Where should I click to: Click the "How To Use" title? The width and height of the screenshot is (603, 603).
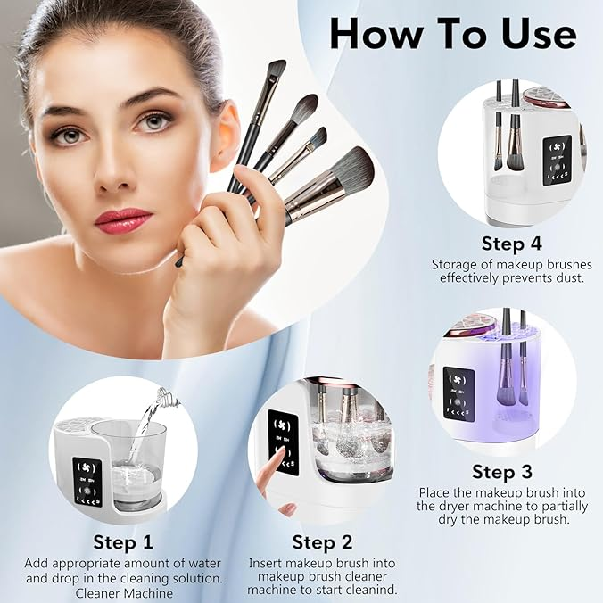pyautogui.click(x=452, y=33)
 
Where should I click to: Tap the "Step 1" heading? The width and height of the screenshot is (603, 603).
pyautogui.click(x=123, y=541)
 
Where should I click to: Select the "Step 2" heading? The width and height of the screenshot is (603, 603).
pyautogui.click(x=322, y=541)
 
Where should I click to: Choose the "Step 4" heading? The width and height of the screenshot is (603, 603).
pyautogui.click(x=511, y=244)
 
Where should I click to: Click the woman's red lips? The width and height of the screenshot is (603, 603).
pyautogui.click(x=122, y=219)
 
